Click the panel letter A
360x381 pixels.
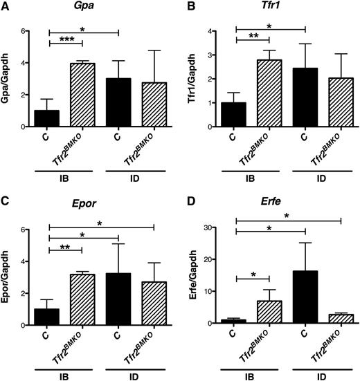[6, 6]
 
